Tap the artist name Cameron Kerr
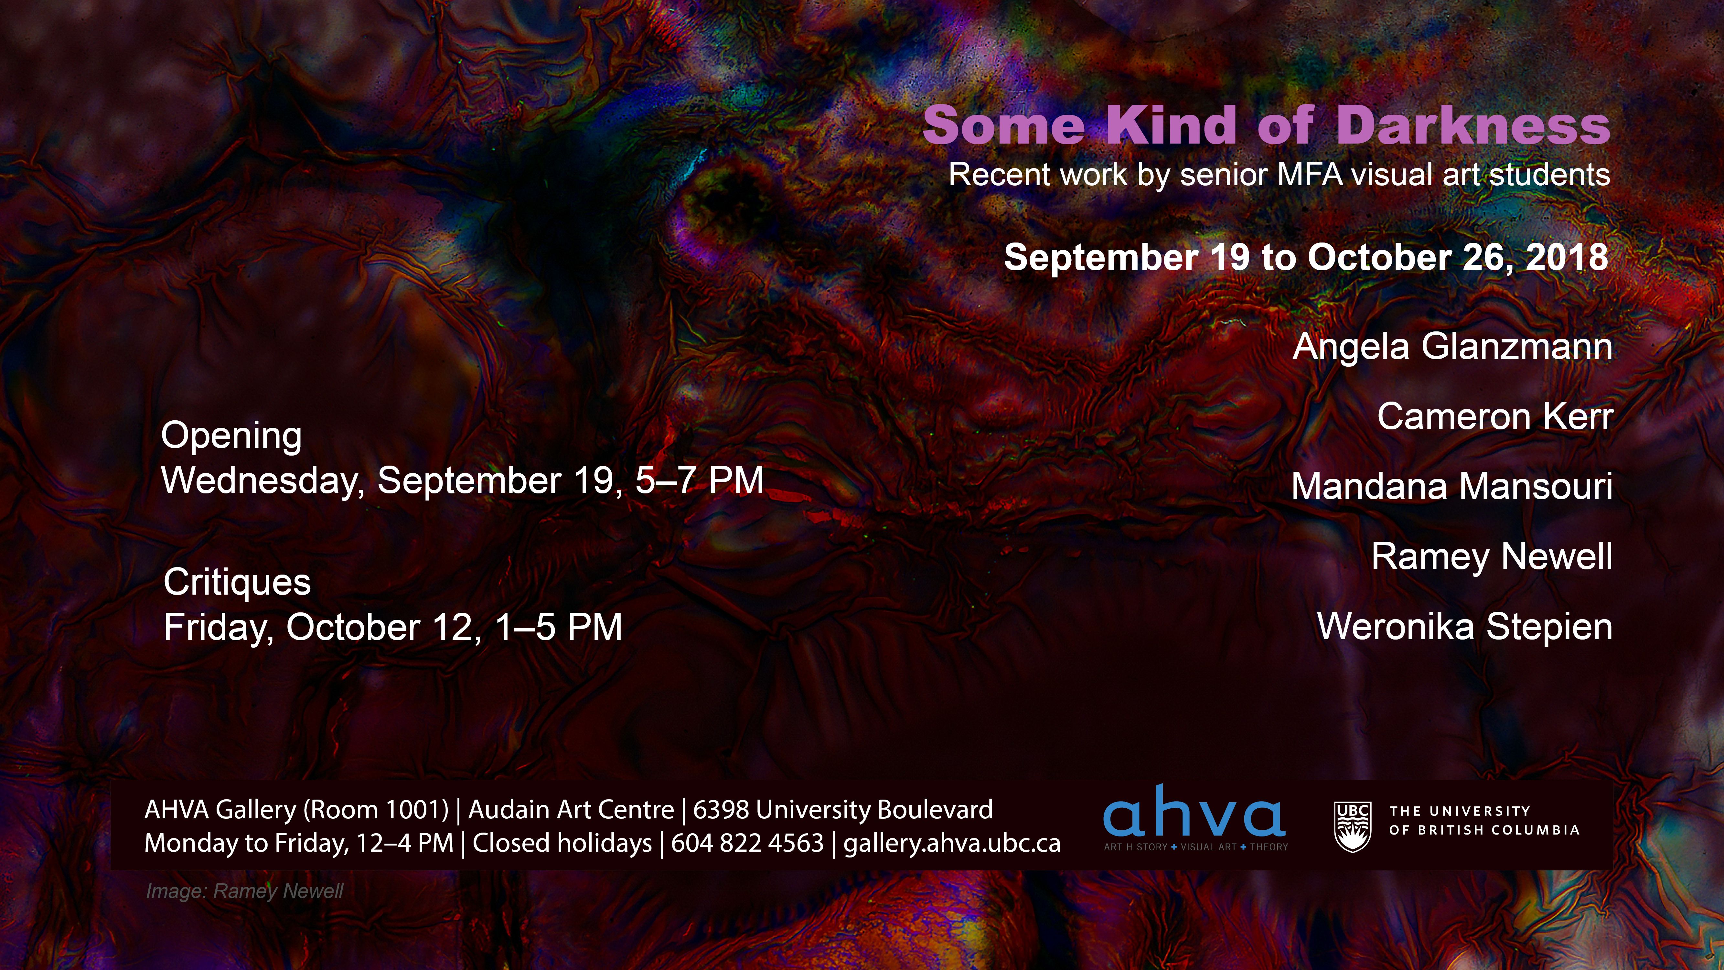coord(1495,416)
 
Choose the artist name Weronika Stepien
coord(1464,627)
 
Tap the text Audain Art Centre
coord(571,810)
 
